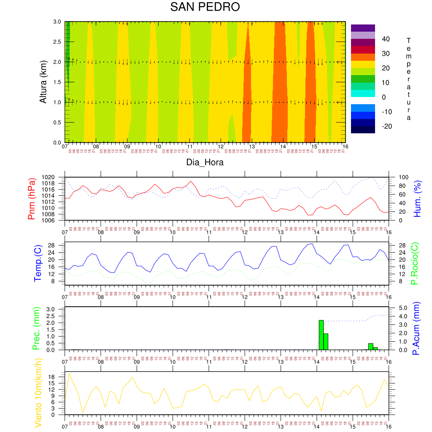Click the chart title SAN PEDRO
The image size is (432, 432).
click(205, 7)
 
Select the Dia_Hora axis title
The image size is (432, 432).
click(205, 162)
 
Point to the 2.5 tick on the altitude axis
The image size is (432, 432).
click(57, 42)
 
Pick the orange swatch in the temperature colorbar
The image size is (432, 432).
click(363, 57)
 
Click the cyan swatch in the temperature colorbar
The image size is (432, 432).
click(363, 93)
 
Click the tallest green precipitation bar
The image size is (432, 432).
click(321, 335)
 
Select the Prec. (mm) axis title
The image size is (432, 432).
click(36, 328)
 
